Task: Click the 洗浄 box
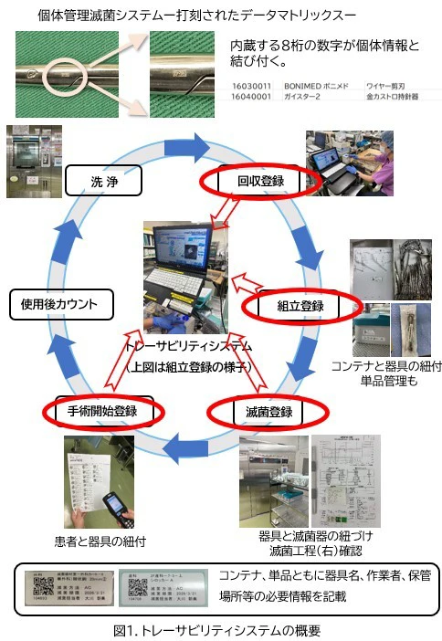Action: tap(105, 181)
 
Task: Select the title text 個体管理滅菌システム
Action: tap(110, 15)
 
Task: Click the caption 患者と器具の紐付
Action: tap(96, 541)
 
